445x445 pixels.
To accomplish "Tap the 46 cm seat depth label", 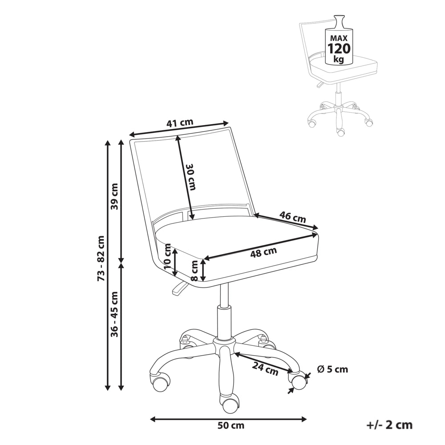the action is tap(293, 217).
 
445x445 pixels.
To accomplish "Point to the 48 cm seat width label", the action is tap(263, 252).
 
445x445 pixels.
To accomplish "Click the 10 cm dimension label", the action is tap(168, 257).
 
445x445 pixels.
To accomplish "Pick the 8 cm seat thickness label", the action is tap(195, 271).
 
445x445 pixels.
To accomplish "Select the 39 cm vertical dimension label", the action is tap(114, 196).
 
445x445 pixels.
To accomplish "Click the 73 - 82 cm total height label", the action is tap(101, 259).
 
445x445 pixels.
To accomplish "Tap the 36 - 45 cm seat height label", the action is tap(114, 314).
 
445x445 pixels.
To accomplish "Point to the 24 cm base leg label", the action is tap(265, 369).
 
